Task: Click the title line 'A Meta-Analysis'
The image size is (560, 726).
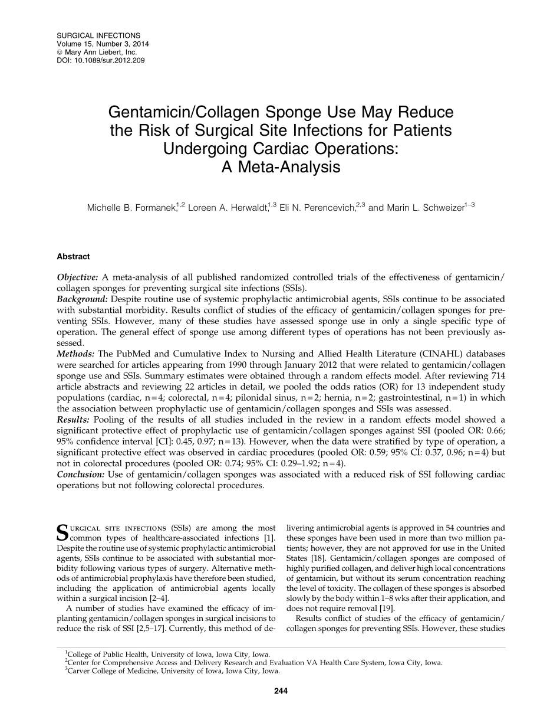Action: coord(281,167)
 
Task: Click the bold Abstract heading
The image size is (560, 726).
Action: coord(73,257)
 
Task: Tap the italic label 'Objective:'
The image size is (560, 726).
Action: coord(78,277)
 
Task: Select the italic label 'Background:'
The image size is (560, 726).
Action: coord(81,299)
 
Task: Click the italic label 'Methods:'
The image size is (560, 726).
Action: coord(76,354)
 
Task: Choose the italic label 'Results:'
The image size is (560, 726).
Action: coord(74,420)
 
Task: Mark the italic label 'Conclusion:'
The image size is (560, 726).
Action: coord(80,475)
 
